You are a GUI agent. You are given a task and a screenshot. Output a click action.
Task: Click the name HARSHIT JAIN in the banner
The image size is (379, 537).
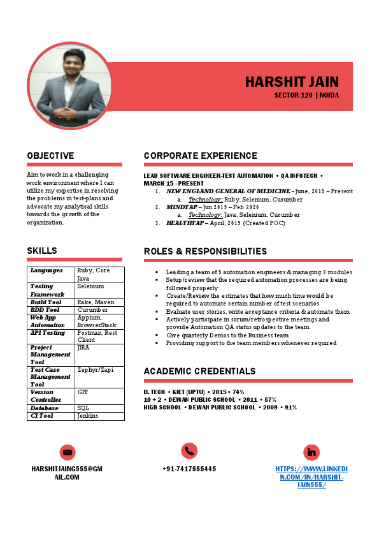tap(292, 82)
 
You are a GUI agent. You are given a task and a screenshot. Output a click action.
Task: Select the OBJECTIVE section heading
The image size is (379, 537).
tap(50, 156)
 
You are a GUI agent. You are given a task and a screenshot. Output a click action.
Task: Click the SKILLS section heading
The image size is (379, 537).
tap(42, 251)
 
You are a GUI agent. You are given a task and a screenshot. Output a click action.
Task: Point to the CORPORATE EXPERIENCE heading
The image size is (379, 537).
tap(201, 156)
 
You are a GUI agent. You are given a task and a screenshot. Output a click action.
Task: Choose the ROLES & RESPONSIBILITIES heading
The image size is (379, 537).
tap(205, 251)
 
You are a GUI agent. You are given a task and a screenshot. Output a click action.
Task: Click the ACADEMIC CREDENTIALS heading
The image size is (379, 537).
tap(199, 371)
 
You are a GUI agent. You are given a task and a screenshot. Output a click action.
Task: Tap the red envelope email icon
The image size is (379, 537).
tap(68, 452)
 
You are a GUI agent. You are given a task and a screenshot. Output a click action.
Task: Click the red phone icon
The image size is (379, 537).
tap(189, 450)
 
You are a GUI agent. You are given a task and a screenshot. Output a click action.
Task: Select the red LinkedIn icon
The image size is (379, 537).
tap(311, 452)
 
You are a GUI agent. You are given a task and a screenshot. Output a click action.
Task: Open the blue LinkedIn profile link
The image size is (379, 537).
tap(311, 477)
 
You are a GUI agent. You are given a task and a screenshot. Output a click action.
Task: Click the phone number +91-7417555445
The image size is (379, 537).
tap(189, 469)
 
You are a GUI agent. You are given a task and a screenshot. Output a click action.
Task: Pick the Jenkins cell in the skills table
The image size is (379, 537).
tap(87, 416)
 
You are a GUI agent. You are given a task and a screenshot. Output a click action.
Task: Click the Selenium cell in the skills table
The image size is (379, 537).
tap(90, 286)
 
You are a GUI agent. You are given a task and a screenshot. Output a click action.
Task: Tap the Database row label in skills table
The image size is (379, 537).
tap(44, 408)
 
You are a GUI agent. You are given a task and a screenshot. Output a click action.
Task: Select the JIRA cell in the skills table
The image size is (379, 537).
tap(83, 348)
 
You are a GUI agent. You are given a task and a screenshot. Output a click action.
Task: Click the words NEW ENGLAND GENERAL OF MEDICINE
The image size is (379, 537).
tap(228, 191)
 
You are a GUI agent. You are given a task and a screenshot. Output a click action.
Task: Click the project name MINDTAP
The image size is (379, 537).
tap(181, 207)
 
